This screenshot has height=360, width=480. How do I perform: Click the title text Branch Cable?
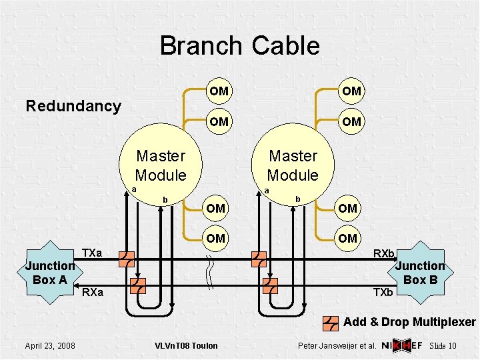239,46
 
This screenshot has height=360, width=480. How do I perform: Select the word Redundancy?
73,106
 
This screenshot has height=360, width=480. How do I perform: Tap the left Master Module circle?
160,165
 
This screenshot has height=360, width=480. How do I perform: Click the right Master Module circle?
293,165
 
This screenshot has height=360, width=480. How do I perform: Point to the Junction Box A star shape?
50,273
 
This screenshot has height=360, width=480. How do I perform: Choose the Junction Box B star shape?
420,273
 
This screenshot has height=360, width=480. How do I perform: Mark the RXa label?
93,292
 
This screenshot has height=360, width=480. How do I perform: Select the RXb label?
384,254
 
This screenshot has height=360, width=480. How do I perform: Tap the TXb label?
383,292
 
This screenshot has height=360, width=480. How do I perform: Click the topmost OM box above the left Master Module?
219,91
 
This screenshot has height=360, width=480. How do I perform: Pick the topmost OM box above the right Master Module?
351,91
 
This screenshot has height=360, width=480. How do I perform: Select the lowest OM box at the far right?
348,238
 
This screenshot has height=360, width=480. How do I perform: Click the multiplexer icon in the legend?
331,323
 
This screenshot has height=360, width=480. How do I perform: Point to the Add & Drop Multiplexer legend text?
409,323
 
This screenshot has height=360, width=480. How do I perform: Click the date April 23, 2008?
50,345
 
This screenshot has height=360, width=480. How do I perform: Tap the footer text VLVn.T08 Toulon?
186,345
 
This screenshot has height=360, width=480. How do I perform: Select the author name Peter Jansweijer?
331,346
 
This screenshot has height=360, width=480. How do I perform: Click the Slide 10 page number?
443,346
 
